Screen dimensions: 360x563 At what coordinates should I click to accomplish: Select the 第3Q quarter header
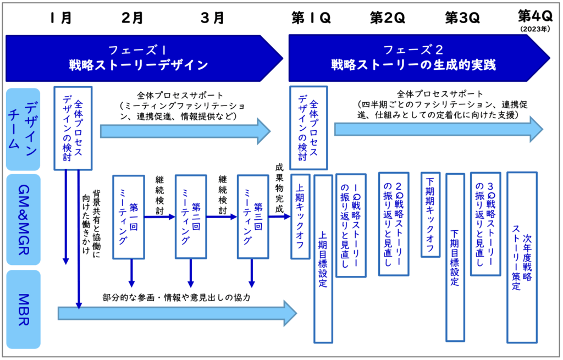[462, 18]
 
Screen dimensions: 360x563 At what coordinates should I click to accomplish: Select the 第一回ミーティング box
[131, 217]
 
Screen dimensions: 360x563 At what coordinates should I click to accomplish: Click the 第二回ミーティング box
[190, 217]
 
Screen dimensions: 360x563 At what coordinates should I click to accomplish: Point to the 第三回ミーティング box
[252, 217]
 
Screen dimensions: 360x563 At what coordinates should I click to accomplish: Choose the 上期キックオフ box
[300, 216]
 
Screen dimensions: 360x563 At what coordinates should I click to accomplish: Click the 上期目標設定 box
[323, 258]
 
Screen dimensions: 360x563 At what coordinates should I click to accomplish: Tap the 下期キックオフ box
[430, 215]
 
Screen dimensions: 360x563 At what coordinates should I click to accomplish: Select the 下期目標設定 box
[455, 257]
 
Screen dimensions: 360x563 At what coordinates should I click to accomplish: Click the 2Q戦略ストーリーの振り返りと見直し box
[393, 224]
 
